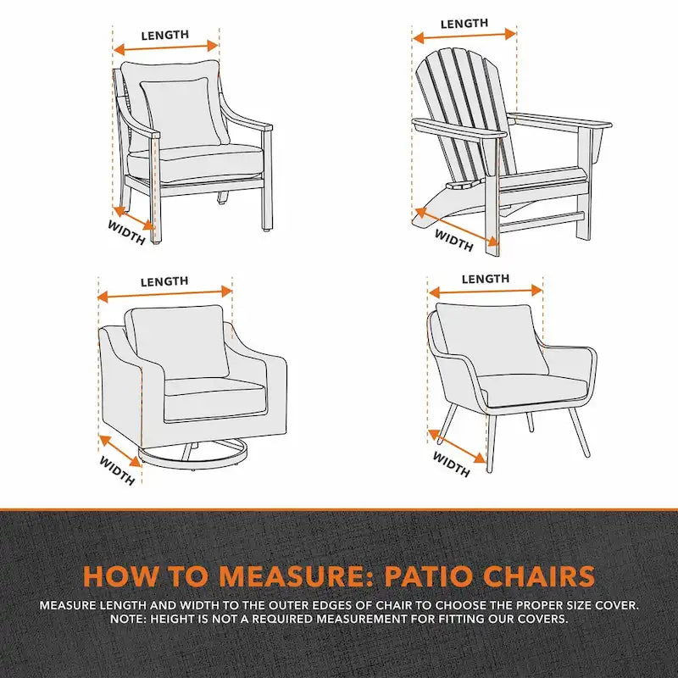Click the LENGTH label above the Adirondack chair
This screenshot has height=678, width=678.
click(464, 24)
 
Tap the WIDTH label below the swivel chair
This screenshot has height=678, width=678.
click(117, 470)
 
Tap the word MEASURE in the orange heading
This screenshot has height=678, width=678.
click(280, 576)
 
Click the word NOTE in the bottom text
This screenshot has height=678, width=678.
click(128, 620)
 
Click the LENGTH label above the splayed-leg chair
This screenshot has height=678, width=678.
click(486, 279)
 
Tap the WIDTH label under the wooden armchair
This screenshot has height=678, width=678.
click(125, 232)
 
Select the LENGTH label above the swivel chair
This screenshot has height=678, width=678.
click(164, 281)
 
